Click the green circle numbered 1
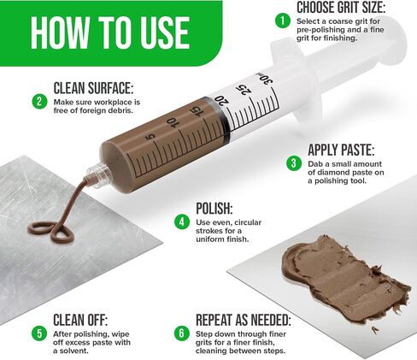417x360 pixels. pyautogui.click(x=283, y=21)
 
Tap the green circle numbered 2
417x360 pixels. pyautogui.click(x=39, y=102)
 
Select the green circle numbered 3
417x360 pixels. pyautogui.click(x=294, y=163)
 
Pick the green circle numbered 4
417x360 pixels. pyautogui.click(x=182, y=221)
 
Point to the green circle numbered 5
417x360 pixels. pyautogui.click(x=39, y=333)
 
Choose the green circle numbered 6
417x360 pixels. pyautogui.click(x=182, y=333)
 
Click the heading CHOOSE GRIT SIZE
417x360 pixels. pyautogui.click(x=341, y=7)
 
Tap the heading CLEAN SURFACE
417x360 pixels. pyautogui.click(x=93, y=88)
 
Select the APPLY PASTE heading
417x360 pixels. pyautogui.click(x=341, y=150)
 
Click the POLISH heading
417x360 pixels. pyautogui.click(x=214, y=209)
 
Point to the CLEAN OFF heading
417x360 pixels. pyautogui.click(x=80, y=320)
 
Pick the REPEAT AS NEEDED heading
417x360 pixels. pyautogui.click(x=244, y=320)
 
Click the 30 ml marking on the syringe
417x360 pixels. pyautogui.click(x=265, y=80)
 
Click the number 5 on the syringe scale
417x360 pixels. pyautogui.click(x=150, y=138)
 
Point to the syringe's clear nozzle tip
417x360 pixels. pyautogui.click(x=98, y=174)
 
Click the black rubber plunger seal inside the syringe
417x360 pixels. pyautogui.click(x=220, y=119)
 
